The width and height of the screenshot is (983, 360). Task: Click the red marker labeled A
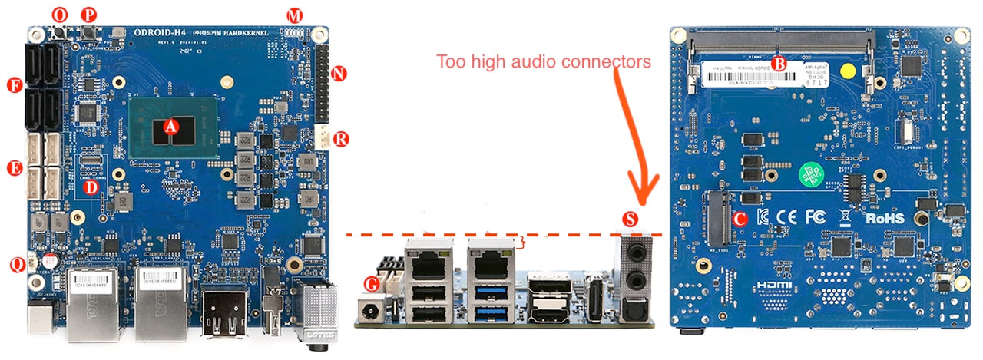click(x=171, y=127)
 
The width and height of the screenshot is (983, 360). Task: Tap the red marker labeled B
click(x=778, y=64)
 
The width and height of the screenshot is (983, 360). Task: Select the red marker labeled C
click(x=739, y=217)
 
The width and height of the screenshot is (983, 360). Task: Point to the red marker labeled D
click(x=91, y=187)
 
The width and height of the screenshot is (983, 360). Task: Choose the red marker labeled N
click(x=339, y=74)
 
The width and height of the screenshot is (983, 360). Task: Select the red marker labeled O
click(x=59, y=15)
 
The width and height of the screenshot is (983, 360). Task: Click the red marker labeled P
click(x=89, y=15)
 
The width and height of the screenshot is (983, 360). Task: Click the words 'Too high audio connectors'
click(x=544, y=61)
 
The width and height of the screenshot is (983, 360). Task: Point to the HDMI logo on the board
click(x=773, y=285)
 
